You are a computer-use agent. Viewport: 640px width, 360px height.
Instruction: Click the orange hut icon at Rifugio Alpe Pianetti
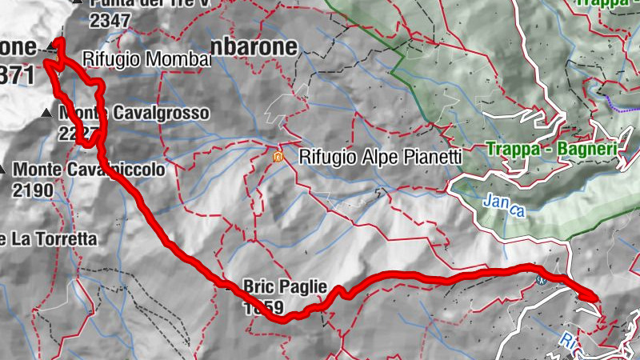coord(278,157)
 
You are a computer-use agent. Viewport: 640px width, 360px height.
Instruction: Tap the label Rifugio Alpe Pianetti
coord(380,158)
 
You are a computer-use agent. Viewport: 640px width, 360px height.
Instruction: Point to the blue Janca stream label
coord(503,206)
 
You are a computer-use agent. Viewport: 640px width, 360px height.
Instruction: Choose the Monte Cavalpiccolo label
coord(88,170)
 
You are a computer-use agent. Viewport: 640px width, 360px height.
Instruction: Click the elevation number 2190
coord(32,190)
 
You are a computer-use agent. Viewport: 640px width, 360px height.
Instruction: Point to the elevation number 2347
coord(110,21)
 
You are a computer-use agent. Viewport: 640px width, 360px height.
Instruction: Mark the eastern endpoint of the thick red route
coord(596,298)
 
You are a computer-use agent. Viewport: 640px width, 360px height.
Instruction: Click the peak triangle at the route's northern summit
coord(53,45)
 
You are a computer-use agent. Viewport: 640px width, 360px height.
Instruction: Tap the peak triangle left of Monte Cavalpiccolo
coord(3,170)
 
